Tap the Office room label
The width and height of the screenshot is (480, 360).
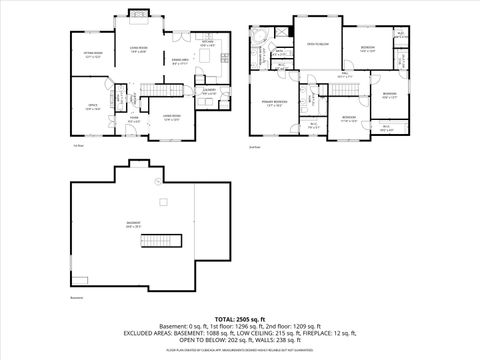click(91, 108)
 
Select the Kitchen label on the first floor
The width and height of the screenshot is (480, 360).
click(206, 45)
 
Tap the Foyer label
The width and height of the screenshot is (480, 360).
click(131, 122)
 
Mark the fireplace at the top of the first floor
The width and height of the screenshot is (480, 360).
click(138, 14)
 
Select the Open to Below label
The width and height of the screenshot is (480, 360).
click(318, 44)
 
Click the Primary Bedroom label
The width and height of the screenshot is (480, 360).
click(275, 103)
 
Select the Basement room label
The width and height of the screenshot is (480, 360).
click(133, 225)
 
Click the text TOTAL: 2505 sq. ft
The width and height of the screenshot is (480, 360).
click(240, 318)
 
